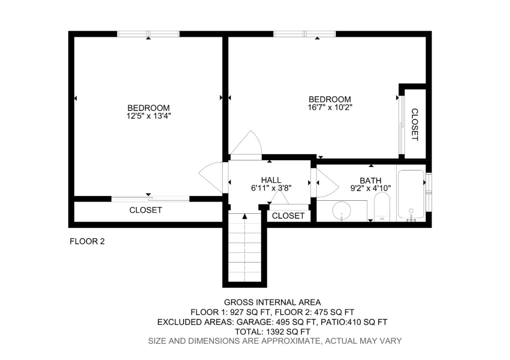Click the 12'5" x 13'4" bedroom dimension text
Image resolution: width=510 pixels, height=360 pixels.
(x=148, y=116)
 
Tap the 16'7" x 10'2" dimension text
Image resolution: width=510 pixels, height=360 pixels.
(x=330, y=107)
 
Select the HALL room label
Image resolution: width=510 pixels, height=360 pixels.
(x=271, y=180)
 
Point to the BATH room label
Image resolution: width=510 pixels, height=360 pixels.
(x=370, y=181)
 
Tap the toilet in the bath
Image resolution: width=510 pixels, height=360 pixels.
(x=382, y=207)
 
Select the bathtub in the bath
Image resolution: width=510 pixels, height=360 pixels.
(x=411, y=194)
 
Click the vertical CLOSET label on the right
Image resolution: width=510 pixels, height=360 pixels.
(x=414, y=125)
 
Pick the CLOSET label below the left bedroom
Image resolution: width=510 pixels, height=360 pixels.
(x=146, y=210)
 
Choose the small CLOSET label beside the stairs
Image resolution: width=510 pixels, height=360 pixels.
(x=288, y=216)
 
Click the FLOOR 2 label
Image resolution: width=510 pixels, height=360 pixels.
(x=87, y=241)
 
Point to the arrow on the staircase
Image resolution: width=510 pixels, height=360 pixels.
(x=244, y=217)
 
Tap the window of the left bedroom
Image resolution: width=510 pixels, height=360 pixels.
(x=148, y=34)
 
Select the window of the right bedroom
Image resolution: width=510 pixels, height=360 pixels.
(x=305, y=34)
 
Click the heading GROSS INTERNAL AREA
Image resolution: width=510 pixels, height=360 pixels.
(x=272, y=302)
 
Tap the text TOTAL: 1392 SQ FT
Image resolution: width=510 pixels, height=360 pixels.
(x=272, y=332)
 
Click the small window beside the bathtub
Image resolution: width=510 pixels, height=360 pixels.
(x=429, y=193)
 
